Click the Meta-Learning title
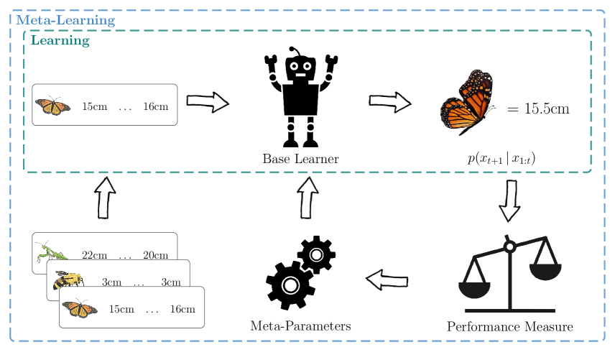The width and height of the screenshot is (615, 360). (65, 20)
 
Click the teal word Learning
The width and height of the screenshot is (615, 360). (60, 41)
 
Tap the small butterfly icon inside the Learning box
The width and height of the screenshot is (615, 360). (52, 106)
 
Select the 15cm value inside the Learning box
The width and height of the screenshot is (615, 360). (94, 107)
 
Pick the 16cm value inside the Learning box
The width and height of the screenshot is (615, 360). (155, 107)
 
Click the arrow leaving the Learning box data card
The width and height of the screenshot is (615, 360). (208, 103)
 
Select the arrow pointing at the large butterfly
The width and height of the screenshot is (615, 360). (390, 103)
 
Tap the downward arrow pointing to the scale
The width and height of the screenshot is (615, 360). (509, 200)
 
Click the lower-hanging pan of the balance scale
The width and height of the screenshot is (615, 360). (474, 288)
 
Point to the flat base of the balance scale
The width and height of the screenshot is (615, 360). (509, 310)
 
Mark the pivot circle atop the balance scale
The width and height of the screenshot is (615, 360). (509, 247)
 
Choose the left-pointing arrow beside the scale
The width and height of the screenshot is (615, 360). (387, 279)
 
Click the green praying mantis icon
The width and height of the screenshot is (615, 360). (51, 251)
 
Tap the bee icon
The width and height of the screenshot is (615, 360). (68, 280)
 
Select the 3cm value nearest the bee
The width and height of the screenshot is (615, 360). (111, 282)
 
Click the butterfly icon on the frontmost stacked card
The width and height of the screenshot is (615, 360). (80, 308)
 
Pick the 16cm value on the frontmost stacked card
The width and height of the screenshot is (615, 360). (182, 310)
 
